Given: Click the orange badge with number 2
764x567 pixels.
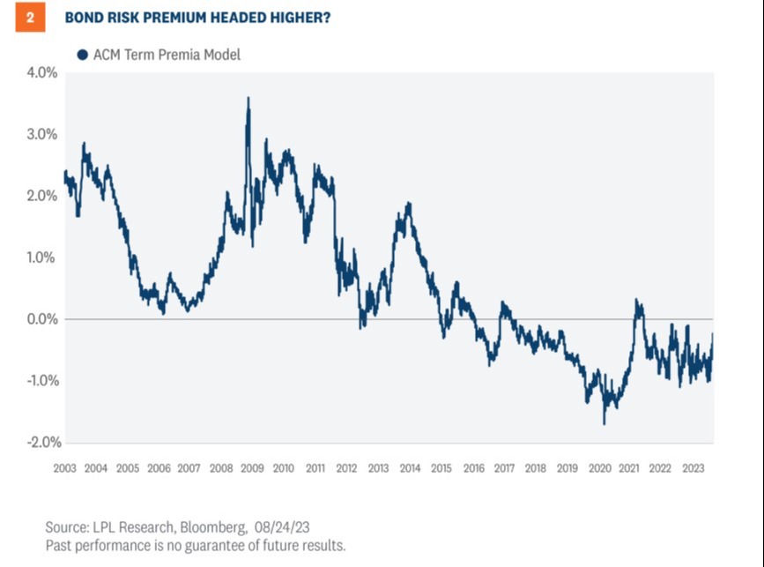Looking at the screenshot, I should click(x=30, y=18).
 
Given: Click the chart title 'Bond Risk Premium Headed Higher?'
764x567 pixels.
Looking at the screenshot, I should click(x=198, y=18).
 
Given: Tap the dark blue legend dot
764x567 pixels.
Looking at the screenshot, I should click(x=82, y=55).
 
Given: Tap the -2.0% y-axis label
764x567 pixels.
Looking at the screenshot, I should click(x=41, y=442).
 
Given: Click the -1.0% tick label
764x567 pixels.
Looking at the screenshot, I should click(x=41, y=381).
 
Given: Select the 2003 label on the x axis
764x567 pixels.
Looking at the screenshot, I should click(x=64, y=467).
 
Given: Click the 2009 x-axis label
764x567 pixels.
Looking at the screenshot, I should click(x=253, y=467).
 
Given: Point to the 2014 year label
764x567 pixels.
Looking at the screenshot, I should click(x=410, y=467).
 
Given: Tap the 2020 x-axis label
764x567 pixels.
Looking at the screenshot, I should click(x=598, y=467).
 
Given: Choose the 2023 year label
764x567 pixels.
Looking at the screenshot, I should click(x=693, y=467).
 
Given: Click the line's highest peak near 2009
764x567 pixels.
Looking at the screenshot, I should click(x=248, y=98).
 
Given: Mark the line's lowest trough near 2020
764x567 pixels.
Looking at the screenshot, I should click(x=605, y=424).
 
